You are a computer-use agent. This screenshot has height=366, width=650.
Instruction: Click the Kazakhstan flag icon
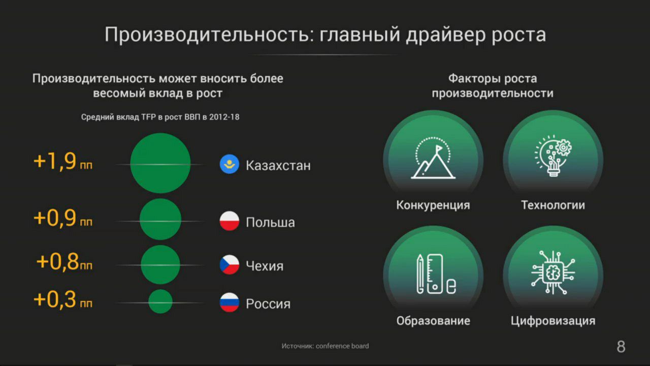click(229, 164)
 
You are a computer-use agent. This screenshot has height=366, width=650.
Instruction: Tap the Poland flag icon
click(229, 221)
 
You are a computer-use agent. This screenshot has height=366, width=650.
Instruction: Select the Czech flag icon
click(229, 265)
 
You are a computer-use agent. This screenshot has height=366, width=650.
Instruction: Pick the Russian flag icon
click(229, 302)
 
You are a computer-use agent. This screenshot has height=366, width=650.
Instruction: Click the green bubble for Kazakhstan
click(160, 163)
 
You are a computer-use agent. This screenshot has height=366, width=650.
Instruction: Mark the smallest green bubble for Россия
click(160, 301)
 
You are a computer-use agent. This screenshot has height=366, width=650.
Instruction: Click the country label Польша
click(270, 223)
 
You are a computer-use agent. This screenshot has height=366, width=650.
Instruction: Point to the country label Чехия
click(265, 266)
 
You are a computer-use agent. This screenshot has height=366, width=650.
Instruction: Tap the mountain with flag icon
click(433, 158)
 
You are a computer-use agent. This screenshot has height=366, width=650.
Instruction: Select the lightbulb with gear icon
click(553, 156)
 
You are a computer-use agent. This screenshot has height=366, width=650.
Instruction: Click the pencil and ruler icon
click(436, 274)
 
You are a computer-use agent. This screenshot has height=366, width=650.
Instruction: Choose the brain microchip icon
click(553, 272)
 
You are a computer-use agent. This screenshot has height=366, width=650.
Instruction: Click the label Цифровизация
click(553, 321)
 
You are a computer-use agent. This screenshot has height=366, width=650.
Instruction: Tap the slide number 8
click(621, 347)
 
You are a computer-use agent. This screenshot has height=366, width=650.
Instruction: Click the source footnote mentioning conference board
click(325, 346)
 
